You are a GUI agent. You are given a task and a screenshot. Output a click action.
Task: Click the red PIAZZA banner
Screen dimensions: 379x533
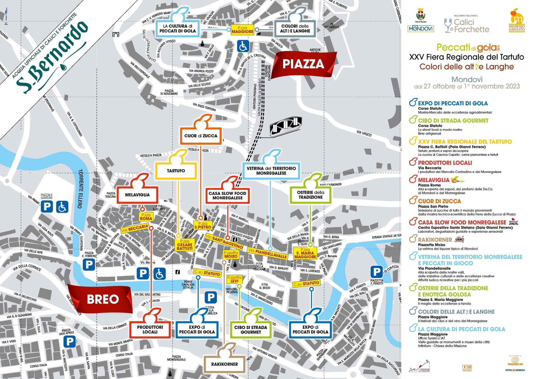(x=303, y=64)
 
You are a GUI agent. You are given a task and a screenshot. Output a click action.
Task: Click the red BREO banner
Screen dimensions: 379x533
(x=103, y=299)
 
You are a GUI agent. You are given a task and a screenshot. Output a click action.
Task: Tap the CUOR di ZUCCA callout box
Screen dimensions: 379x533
(x=201, y=136)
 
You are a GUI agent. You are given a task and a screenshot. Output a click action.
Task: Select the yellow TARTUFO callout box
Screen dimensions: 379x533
(x=176, y=171)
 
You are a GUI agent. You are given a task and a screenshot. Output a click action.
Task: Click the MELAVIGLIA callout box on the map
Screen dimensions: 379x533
(x=137, y=195)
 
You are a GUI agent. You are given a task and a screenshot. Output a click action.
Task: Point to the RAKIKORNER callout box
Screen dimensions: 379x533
(x=224, y=364)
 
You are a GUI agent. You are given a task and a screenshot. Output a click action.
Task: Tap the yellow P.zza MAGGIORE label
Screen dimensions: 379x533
(x=243, y=30)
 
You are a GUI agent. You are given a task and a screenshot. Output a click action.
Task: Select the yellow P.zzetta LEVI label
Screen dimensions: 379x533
(x=234, y=279)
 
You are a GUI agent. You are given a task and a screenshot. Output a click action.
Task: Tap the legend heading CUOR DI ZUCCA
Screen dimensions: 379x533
(x=439, y=201)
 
